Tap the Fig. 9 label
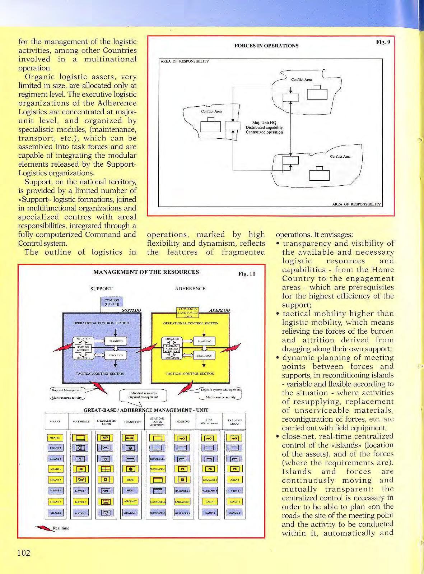383,42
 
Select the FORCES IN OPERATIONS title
266,46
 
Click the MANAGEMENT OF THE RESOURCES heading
146,272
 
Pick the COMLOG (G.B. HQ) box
112,302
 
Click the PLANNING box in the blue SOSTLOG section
116,341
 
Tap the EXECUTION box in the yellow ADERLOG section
204,356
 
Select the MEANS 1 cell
55,438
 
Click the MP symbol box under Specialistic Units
105,438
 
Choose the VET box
105,491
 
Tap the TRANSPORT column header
132,422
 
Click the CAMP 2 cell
210,513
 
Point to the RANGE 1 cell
235,502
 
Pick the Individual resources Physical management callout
143,395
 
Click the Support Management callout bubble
67,394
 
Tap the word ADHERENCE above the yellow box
190,288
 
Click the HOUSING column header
183,422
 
